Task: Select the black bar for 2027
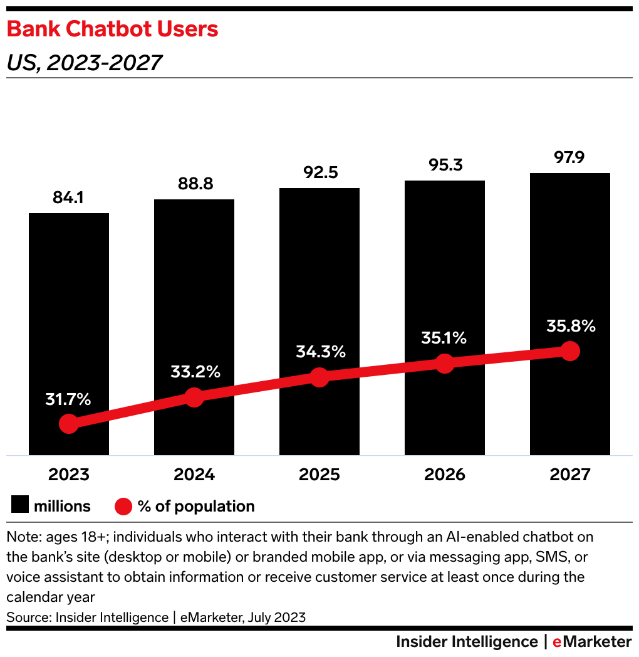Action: [x=569, y=263]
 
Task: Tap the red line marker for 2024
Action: [x=194, y=397]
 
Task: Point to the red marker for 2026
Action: [x=444, y=363]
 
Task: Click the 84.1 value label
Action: [x=68, y=199]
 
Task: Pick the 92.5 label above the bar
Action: [x=319, y=174]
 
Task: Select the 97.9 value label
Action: [x=569, y=158]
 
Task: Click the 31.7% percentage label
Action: [x=68, y=399]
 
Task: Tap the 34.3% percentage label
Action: [x=321, y=352]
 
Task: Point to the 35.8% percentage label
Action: [x=570, y=326]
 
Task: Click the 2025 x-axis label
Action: [x=319, y=474]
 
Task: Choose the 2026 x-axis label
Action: [x=444, y=474]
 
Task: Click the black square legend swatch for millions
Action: [x=20, y=506]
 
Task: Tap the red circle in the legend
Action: [x=124, y=506]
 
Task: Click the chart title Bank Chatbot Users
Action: [x=112, y=29]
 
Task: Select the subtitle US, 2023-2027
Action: [x=84, y=63]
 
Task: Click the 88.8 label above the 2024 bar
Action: [x=194, y=184]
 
